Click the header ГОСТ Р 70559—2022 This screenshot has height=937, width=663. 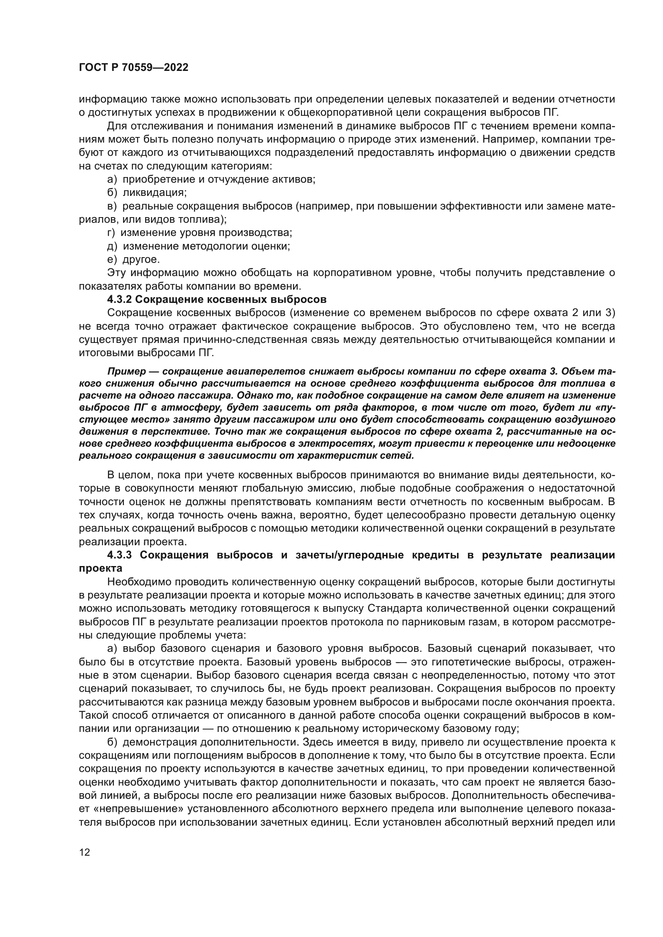click(133, 68)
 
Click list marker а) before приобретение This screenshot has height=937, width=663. click(112, 179)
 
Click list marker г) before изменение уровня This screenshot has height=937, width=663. click(111, 233)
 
